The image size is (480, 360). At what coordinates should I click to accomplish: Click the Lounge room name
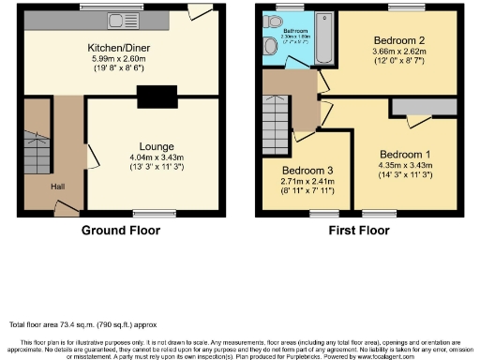tap(155, 146)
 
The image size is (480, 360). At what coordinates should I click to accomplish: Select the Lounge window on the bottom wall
tap(146, 213)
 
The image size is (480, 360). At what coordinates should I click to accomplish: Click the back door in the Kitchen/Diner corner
tap(199, 14)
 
